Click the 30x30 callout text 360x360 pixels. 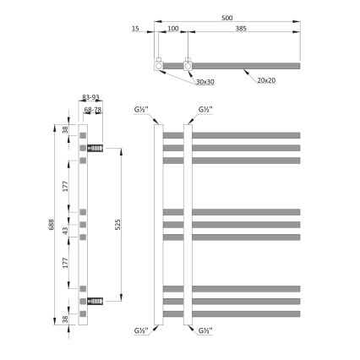(x=204, y=83)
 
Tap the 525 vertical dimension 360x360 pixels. (x=118, y=223)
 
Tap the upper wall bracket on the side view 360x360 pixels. (x=95, y=149)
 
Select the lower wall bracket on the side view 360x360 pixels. (x=95, y=299)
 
